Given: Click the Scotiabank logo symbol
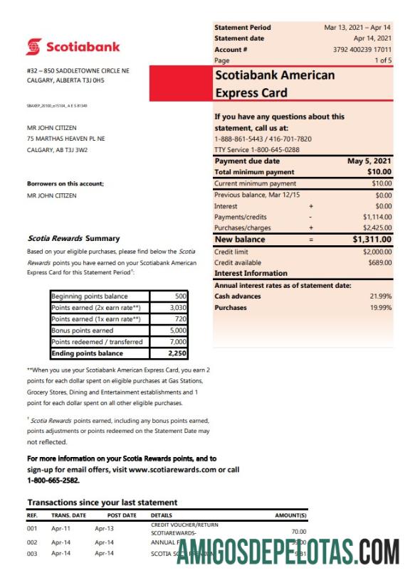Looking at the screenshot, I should coord(34,47).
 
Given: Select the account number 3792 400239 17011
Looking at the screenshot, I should coord(362,50).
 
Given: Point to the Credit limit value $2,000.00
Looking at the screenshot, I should coord(377,252).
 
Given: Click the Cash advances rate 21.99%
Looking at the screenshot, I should coord(380,296).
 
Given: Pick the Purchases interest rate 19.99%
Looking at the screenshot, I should coord(380,307).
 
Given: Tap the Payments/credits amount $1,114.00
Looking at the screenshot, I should coord(377,217).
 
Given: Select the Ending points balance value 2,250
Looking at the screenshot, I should coord(177,353).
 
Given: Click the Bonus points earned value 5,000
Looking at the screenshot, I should coord(178,331).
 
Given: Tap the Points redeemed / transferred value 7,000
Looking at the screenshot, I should coord(178,342).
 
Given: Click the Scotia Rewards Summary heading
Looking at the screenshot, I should coord(73,239).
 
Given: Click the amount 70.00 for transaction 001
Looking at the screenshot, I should coord(298,531).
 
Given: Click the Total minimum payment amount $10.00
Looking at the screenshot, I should coord(379,172).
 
